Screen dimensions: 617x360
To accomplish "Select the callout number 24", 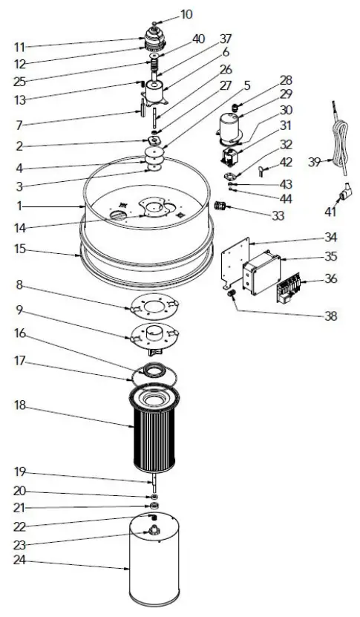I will tap(20, 560).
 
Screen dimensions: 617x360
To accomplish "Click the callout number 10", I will tap(186, 14).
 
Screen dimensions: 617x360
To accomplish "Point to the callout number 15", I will tap(20, 249).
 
